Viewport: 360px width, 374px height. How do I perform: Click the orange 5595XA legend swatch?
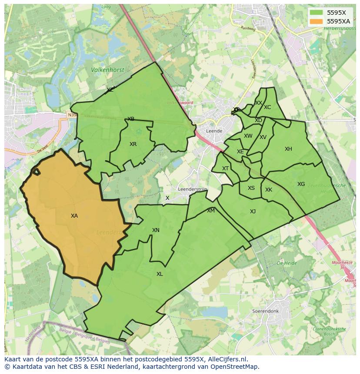[x=317, y=21]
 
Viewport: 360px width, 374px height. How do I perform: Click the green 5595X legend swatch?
[x=317, y=13]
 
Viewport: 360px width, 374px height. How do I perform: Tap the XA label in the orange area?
[x=74, y=216]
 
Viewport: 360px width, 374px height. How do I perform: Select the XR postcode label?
[x=133, y=144]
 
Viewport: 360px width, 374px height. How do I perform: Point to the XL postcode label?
[x=160, y=274]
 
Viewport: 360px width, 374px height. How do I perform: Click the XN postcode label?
[x=156, y=230]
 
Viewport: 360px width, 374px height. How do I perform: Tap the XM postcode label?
[x=211, y=211]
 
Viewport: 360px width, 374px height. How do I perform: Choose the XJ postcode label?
[x=253, y=212]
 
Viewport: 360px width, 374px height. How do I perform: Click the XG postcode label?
[x=301, y=184]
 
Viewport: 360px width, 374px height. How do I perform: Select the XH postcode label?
[x=288, y=149]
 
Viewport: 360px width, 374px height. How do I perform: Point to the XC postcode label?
[x=267, y=107]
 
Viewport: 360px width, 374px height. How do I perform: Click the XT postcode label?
[x=225, y=169]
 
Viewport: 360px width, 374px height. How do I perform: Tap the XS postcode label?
[x=251, y=188]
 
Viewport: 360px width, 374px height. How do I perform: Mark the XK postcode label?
[x=269, y=190]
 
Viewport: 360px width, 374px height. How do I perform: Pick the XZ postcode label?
[x=110, y=90]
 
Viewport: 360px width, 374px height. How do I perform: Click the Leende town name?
[x=214, y=131]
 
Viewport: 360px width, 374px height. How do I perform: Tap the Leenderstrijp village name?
[x=193, y=189]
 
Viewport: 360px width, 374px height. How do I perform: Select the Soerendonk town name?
[x=265, y=311]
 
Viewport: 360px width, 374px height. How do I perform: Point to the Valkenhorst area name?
[x=107, y=70]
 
